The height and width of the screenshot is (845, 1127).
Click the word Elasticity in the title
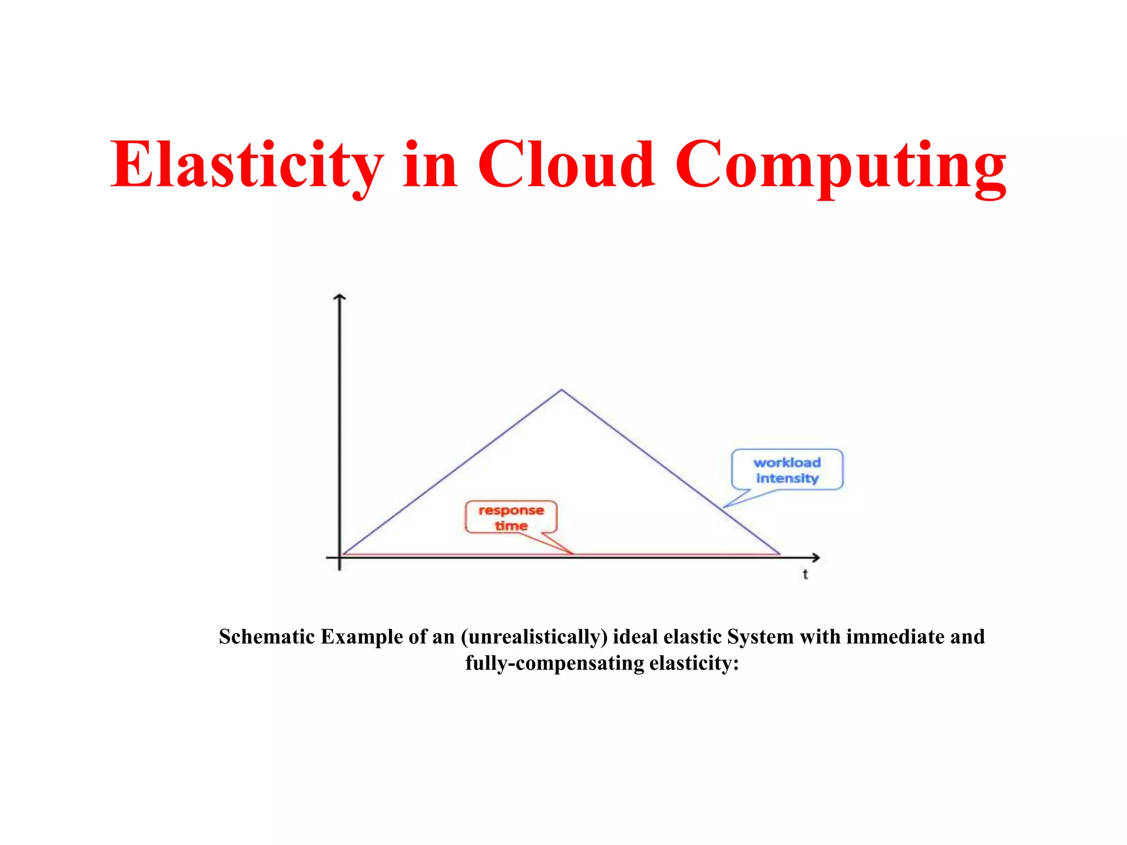tap(247, 165)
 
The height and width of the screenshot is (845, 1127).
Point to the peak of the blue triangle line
tap(561, 390)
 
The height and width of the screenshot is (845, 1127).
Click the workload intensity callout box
tap(786, 469)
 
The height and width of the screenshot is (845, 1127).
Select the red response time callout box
tap(511, 517)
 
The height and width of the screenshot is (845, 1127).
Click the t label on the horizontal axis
tap(805, 575)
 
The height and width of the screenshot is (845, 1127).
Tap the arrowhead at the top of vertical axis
tap(340, 298)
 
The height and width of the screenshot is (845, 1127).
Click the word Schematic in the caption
tap(267, 637)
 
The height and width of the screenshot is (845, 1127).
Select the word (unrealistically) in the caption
tap(534, 637)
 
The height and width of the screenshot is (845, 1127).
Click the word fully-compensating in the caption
tap(555, 663)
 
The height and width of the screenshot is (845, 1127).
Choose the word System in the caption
tap(760, 637)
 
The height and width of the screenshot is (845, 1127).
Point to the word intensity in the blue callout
tap(787, 479)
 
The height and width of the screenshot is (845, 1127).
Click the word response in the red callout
tap(511, 511)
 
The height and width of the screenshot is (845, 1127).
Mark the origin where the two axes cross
tap(340, 557)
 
